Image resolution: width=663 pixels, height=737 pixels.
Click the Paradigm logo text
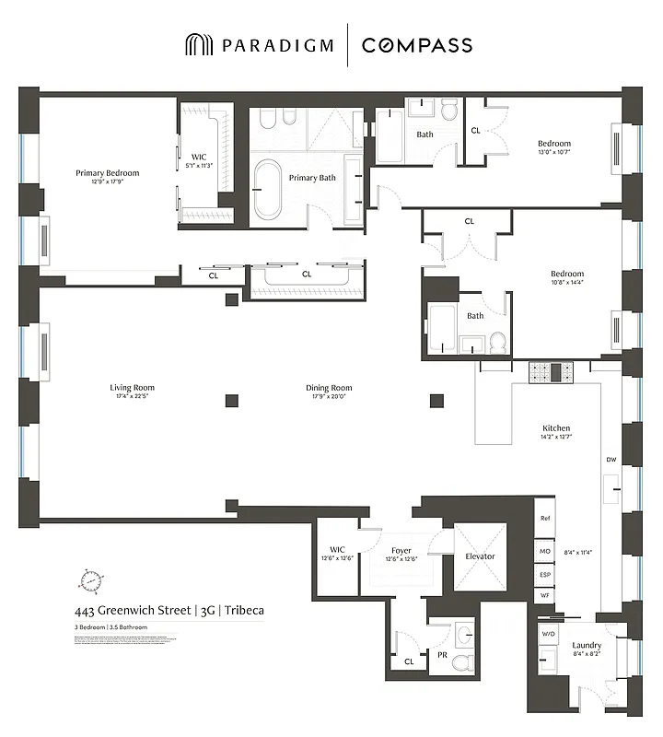click(272, 45)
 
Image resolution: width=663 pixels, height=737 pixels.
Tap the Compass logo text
click(417, 45)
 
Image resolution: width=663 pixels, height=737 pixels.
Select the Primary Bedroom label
click(108, 172)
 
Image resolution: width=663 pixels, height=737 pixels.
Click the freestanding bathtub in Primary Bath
click(268, 189)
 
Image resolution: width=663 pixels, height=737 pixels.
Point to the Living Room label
click(132, 388)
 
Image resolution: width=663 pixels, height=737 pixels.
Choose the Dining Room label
click(329, 388)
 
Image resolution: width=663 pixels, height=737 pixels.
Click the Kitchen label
click(556, 428)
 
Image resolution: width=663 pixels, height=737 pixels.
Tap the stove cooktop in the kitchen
click(550, 372)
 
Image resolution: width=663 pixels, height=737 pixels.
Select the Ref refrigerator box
click(545, 519)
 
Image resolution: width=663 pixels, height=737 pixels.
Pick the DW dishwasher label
click(611, 460)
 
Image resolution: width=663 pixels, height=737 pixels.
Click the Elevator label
click(480, 556)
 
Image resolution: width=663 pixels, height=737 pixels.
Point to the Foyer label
click(401, 551)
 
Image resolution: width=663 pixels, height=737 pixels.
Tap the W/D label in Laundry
click(548, 634)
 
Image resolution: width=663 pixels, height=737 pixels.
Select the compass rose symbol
click(91, 581)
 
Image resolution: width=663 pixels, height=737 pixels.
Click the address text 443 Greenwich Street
click(134, 610)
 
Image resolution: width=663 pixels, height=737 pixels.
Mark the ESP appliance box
click(545, 574)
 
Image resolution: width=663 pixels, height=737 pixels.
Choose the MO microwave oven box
click(545, 551)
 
